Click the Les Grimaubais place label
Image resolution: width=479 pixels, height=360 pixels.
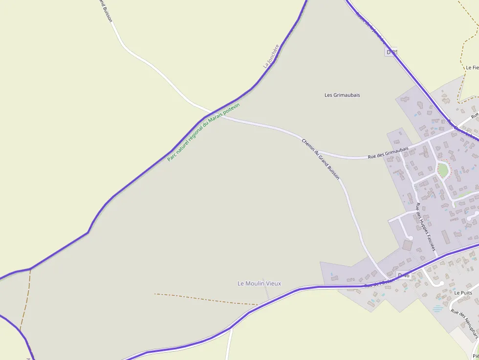click(342, 95)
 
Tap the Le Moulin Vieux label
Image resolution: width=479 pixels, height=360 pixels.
click(259, 283)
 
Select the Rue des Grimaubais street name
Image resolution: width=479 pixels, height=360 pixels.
click(388, 154)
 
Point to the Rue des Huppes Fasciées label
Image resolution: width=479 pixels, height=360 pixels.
click(425, 227)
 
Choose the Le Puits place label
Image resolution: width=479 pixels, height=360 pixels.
click(463, 293)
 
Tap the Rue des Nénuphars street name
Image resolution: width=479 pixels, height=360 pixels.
click(464, 322)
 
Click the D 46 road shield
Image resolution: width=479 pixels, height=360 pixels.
click(403, 275)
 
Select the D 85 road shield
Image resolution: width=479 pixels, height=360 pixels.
click(392, 52)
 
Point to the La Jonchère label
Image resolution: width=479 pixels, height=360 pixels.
click(271, 56)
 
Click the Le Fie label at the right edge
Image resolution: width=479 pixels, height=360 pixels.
click(472, 67)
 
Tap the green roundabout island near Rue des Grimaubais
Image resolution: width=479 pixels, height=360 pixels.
click(443, 170)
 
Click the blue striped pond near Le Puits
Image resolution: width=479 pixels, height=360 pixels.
click(437, 309)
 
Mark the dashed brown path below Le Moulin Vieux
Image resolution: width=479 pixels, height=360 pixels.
click(205, 299)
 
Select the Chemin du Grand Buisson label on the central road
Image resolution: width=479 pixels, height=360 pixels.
click(320, 159)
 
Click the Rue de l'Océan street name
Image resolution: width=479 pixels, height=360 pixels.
click(379, 283)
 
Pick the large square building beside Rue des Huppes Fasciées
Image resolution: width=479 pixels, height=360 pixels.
click(407, 245)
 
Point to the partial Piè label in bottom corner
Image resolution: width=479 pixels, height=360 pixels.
click(475, 356)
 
